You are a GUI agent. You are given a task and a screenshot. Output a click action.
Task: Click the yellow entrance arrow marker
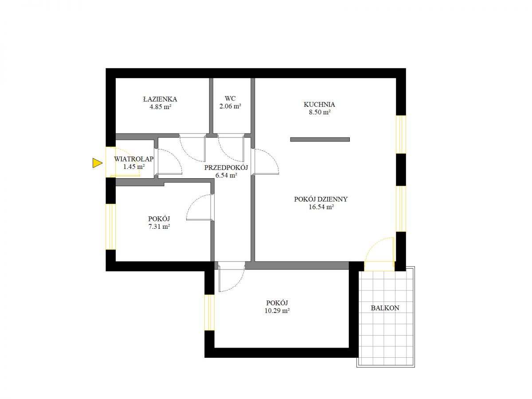[x=97, y=163]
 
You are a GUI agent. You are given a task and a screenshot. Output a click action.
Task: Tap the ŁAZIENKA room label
[x=160, y=99]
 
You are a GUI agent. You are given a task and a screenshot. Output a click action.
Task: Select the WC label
[x=230, y=98]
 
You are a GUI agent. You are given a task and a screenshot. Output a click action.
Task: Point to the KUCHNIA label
[x=319, y=105]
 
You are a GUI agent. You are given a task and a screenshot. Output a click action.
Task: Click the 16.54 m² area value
[x=321, y=207]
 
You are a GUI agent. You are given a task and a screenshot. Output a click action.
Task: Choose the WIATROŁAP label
[x=133, y=159]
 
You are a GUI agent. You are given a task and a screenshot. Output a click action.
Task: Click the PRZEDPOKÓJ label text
[x=226, y=168]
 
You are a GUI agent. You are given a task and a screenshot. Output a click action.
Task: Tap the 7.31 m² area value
[x=159, y=227]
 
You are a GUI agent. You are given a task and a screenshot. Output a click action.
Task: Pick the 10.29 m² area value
[x=277, y=311]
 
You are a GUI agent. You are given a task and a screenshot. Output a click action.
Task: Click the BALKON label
[x=385, y=308]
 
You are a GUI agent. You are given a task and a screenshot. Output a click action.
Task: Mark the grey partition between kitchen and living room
[x=320, y=139]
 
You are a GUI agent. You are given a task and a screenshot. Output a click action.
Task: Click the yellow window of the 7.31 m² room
[x=111, y=227]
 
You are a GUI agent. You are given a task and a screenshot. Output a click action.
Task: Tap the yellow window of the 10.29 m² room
[x=209, y=313]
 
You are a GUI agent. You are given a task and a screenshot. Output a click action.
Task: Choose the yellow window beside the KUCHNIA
[x=401, y=134]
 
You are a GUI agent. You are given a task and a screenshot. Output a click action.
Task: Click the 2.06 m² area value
[x=230, y=106]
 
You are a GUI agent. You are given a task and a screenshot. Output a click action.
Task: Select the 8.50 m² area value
[x=320, y=112]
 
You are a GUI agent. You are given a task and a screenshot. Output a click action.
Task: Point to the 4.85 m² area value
[x=160, y=106]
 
